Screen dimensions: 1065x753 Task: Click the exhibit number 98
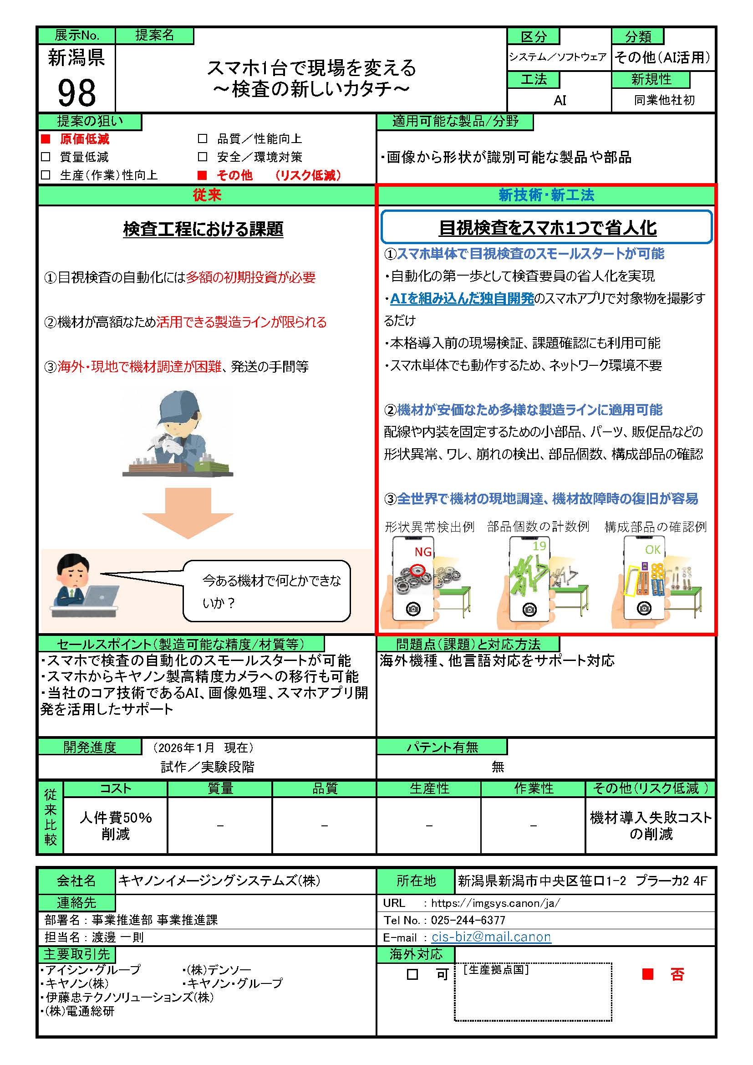pyautogui.click(x=76, y=93)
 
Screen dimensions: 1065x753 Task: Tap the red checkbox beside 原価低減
pyautogui.click(x=46, y=138)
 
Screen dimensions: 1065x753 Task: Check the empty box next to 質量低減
pyautogui.click(x=46, y=157)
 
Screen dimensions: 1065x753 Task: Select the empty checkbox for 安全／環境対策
pyautogui.click(x=202, y=157)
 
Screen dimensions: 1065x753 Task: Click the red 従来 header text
pyautogui.click(x=207, y=195)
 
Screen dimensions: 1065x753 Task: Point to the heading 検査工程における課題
pyautogui.click(x=203, y=229)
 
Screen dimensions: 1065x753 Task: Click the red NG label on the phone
pyautogui.click(x=422, y=552)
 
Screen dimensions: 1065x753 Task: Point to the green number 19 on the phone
pyautogui.click(x=539, y=546)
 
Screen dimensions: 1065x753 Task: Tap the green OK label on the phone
pyautogui.click(x=652, y=550)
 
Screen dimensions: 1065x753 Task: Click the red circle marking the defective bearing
pyautogui.click(x=418, y=569)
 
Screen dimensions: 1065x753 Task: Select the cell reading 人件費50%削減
pyautogui.click(x=116, y=825)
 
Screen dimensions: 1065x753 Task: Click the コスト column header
pyautogui.click(x=116, y=788)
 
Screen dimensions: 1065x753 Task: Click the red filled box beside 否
pyautogui.click(x=647, y=974)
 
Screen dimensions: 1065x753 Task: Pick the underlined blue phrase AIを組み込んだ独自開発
pyautogui.click(x=462, y=298)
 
